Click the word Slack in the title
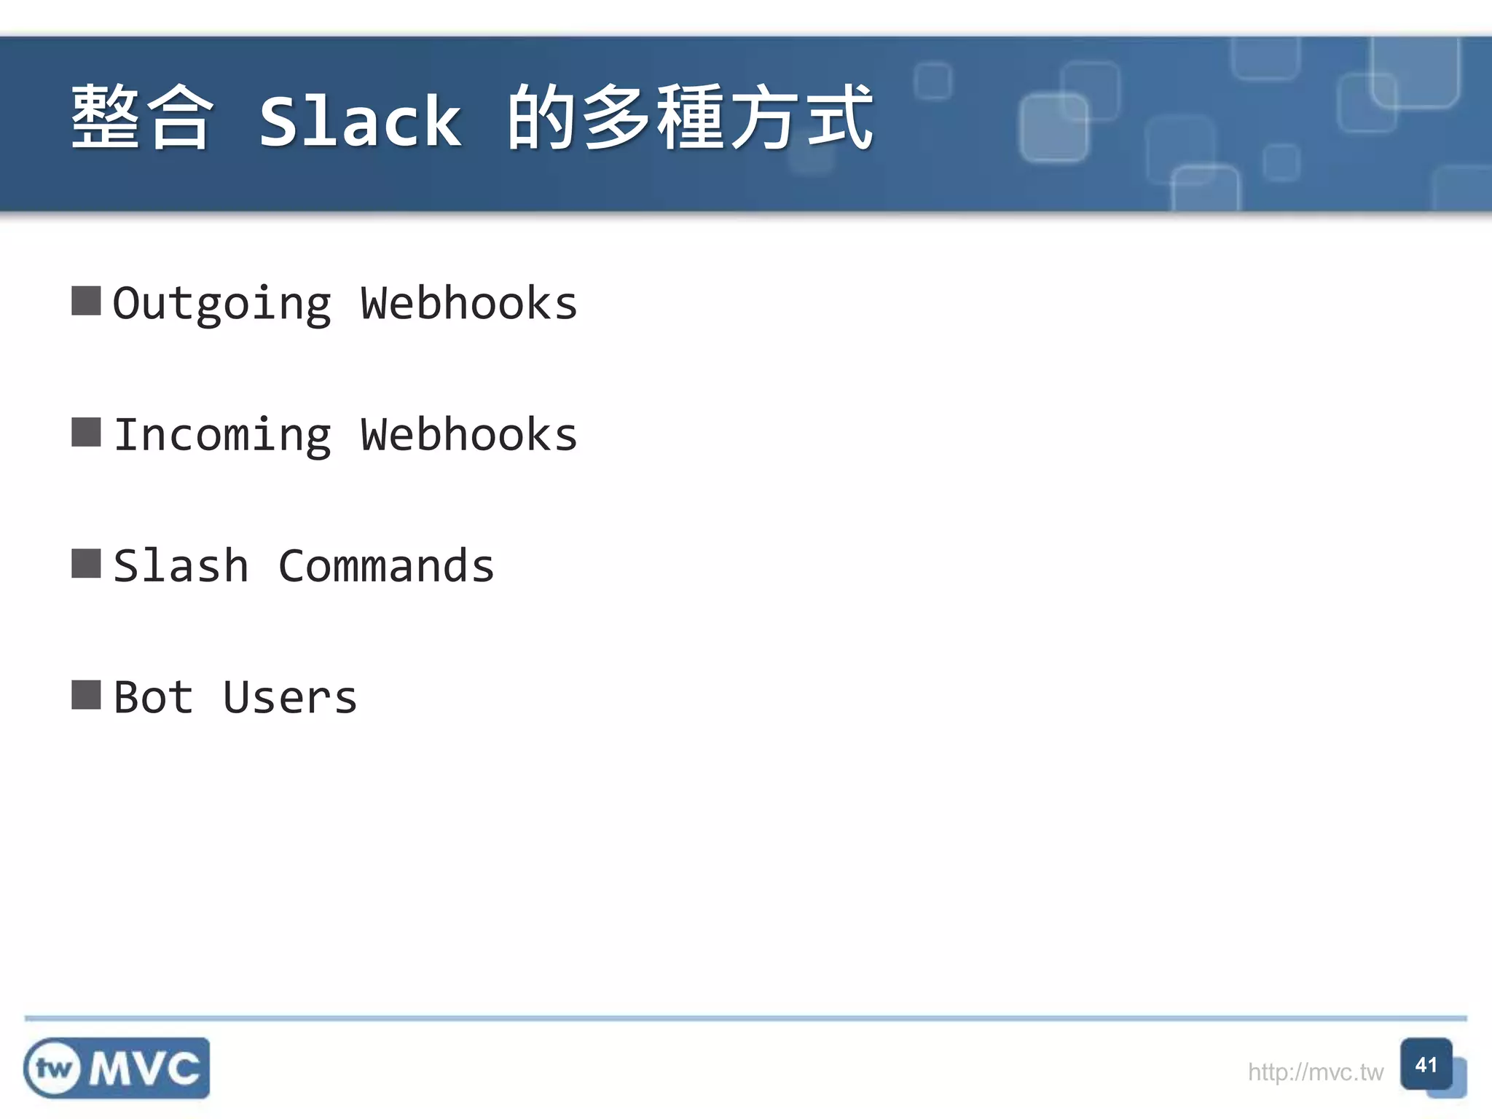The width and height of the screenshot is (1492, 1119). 361,121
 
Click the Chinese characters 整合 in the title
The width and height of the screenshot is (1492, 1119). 141,118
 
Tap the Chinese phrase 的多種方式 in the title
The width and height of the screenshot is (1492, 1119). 689,118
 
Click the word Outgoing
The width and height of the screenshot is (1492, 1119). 221,305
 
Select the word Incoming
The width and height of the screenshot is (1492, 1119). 221,436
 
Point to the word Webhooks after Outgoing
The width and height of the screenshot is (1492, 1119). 468,303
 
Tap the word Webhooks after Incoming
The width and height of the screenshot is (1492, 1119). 468,435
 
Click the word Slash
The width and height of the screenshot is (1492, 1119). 181,566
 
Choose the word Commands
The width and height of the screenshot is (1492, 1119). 386,566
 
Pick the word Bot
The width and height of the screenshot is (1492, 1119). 154,697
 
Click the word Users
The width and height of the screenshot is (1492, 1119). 290,698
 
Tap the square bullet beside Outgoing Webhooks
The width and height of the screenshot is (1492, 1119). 86,301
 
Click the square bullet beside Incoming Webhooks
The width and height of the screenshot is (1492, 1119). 86,432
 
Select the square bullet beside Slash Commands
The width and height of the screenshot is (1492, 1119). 86,563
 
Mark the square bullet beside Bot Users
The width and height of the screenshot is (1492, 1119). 86,694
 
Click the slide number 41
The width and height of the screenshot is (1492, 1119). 1426,1065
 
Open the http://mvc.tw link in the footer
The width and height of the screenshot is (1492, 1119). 1315,1072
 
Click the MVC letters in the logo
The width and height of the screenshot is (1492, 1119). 145,1069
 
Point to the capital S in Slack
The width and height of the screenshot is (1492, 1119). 278,121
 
